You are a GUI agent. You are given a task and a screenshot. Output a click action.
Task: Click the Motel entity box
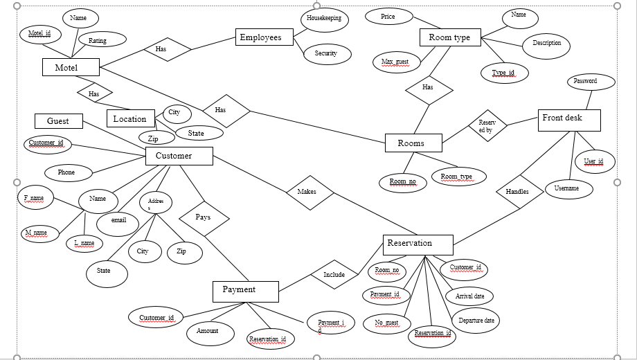point(70,67)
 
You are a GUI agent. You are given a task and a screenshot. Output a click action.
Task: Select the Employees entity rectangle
point(261,37)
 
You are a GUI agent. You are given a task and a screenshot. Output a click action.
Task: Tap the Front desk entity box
point(569,120)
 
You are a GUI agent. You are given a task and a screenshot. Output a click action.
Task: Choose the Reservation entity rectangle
point(418,244)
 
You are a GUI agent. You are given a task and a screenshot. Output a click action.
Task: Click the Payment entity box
point(245,291)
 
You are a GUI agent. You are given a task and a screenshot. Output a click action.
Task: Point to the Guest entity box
point(58,121)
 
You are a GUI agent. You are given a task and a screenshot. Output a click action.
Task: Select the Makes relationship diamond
point(310,192)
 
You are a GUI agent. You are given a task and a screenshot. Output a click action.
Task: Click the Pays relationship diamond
point(204,217)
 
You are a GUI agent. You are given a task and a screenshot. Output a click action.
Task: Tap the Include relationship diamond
point(334,275)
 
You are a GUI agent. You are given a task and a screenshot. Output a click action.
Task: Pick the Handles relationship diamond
point(517,192)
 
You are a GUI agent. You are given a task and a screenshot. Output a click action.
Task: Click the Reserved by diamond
point(487,125)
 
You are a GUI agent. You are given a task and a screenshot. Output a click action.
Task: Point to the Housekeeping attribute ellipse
point(324,19)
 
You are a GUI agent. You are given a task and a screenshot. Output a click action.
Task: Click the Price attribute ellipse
point(388,16)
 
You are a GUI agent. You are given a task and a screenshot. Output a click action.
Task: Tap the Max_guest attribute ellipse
point(395,62)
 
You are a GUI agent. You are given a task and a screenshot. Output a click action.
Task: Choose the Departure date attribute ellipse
point(476,321)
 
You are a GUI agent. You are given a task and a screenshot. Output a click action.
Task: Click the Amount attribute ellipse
point(208,332)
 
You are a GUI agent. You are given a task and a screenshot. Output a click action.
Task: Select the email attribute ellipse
point(119,221)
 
